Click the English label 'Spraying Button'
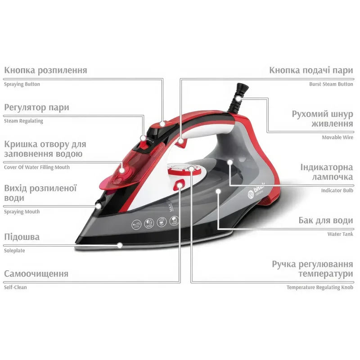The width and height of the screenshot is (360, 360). pos(22,84)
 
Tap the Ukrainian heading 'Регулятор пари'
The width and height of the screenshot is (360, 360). pos(36,108)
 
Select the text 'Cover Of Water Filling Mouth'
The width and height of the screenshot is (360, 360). pos(37,167)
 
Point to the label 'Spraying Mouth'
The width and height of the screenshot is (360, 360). pos(22,211)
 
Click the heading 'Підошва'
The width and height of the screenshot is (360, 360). pos(22,237)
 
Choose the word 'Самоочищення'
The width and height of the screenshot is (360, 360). pos(36,274)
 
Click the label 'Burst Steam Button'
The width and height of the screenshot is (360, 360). pos(331,84)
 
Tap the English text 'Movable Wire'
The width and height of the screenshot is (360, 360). pos(337,138)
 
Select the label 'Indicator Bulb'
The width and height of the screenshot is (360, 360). pos(337,190)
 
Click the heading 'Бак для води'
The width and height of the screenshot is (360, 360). pos(326,220)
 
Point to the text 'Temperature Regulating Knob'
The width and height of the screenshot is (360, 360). pos(320,288)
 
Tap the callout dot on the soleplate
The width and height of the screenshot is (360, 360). pos(120,245)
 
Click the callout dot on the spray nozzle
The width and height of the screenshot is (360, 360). pos(98,206)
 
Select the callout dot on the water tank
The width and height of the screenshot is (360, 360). pos(218,191)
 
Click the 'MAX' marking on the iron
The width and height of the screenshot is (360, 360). pos(171,207)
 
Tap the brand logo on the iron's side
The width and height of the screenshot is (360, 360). pos(256,191)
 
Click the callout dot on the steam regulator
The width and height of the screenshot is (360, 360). pos(143,138)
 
